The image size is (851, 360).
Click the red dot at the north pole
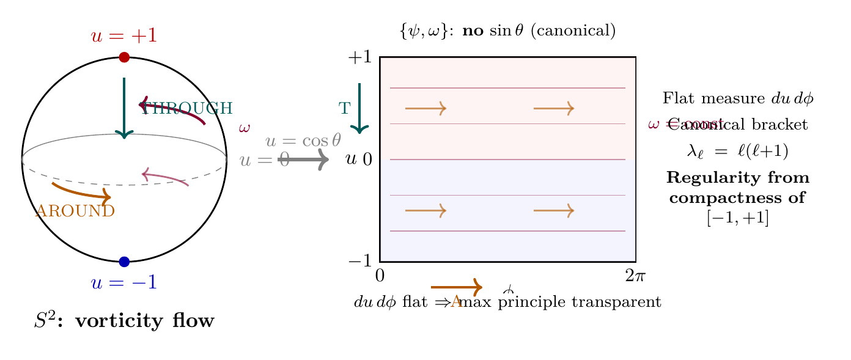124,57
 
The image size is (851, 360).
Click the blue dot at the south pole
124,262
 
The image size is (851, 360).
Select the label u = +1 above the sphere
124,36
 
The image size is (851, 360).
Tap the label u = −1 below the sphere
124,283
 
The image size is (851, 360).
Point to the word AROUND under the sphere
75,211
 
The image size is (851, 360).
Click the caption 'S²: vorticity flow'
124,321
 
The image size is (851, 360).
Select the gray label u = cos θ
303,141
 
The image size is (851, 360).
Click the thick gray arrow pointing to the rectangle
303,160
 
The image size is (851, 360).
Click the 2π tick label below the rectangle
636,276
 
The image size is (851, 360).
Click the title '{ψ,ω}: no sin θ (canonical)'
507,31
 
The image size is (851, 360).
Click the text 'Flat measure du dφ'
738,98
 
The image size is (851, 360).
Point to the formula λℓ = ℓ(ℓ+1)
738,151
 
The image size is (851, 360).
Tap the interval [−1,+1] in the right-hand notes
738,218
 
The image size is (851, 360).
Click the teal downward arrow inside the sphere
124,108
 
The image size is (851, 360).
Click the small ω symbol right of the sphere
245,128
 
